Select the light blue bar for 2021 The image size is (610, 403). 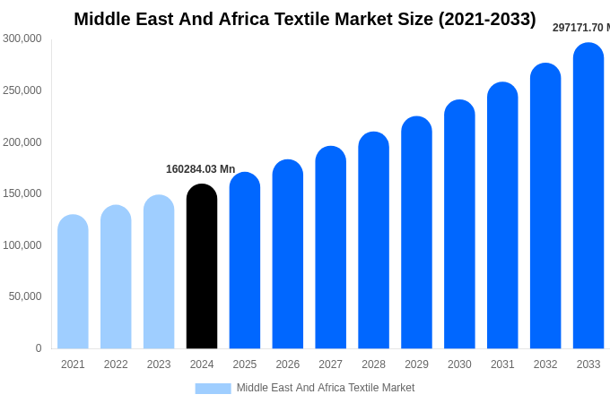coord(73,282)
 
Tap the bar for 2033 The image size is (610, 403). coord(588,196)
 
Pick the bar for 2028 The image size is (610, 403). coord(373,241)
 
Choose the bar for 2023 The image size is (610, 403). coord(159,272)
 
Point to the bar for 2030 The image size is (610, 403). coord(459,225)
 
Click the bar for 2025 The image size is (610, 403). coord(245,261)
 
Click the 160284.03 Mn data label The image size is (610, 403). coord(200,169)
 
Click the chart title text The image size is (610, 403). coord(305,19)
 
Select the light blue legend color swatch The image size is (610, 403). coord(213,388)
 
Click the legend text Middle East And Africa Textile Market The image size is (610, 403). coord(326,388)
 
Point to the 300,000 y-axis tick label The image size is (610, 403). coord(22,39)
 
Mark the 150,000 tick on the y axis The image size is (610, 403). coord(22,193)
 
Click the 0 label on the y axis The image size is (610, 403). coord(38,348)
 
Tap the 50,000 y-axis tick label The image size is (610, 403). coord(25,296)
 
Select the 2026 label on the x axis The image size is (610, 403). coord(288,364)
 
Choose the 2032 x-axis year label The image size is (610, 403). coord(545,364)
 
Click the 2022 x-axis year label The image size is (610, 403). coord(116,364)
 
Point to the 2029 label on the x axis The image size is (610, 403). coord(416,364)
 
